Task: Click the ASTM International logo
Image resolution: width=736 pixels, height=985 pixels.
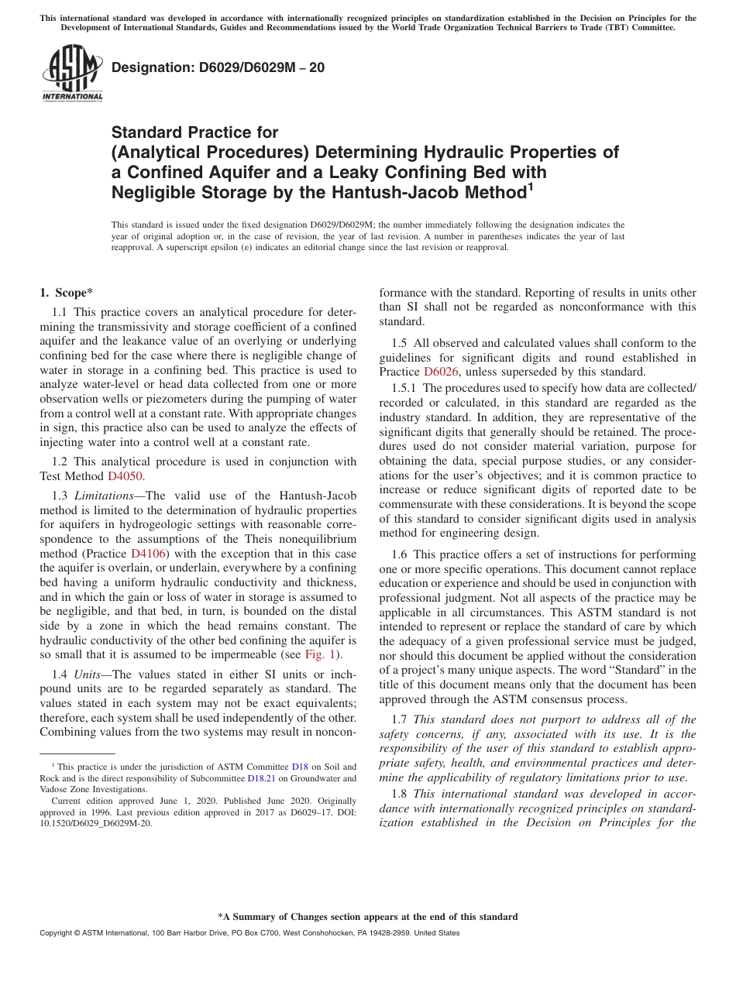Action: point(72,74)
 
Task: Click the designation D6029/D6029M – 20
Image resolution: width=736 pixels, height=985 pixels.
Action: point(218,68)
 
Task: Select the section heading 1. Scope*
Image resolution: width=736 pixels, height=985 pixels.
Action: point(66,293)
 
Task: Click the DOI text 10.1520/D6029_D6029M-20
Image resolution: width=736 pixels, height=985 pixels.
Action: point(96,823)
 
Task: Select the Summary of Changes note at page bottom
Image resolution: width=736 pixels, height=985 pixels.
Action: point(367,917)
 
